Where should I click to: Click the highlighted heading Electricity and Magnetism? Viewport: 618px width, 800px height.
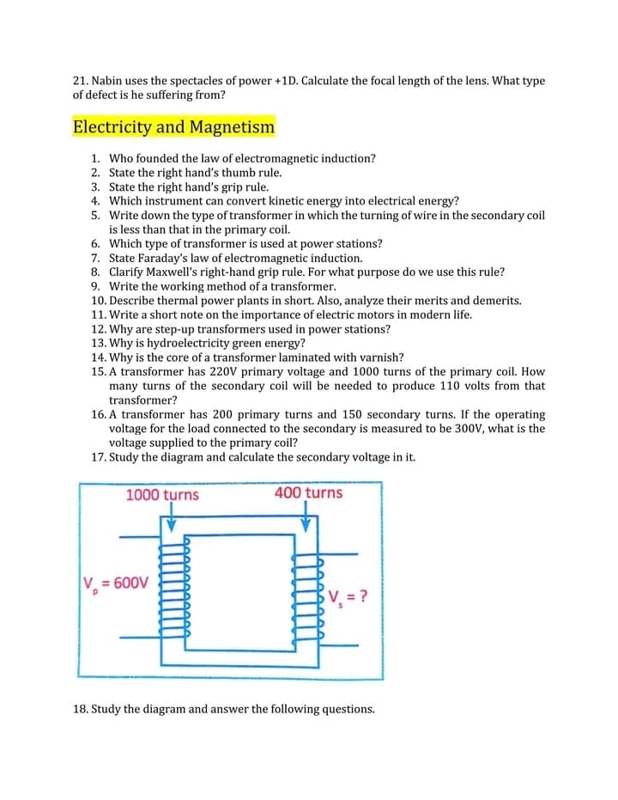[x=174, y=127]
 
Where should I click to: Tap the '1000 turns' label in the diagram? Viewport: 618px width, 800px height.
[x=162, y=495]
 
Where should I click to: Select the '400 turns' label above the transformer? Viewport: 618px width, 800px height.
[x=308, y=493]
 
